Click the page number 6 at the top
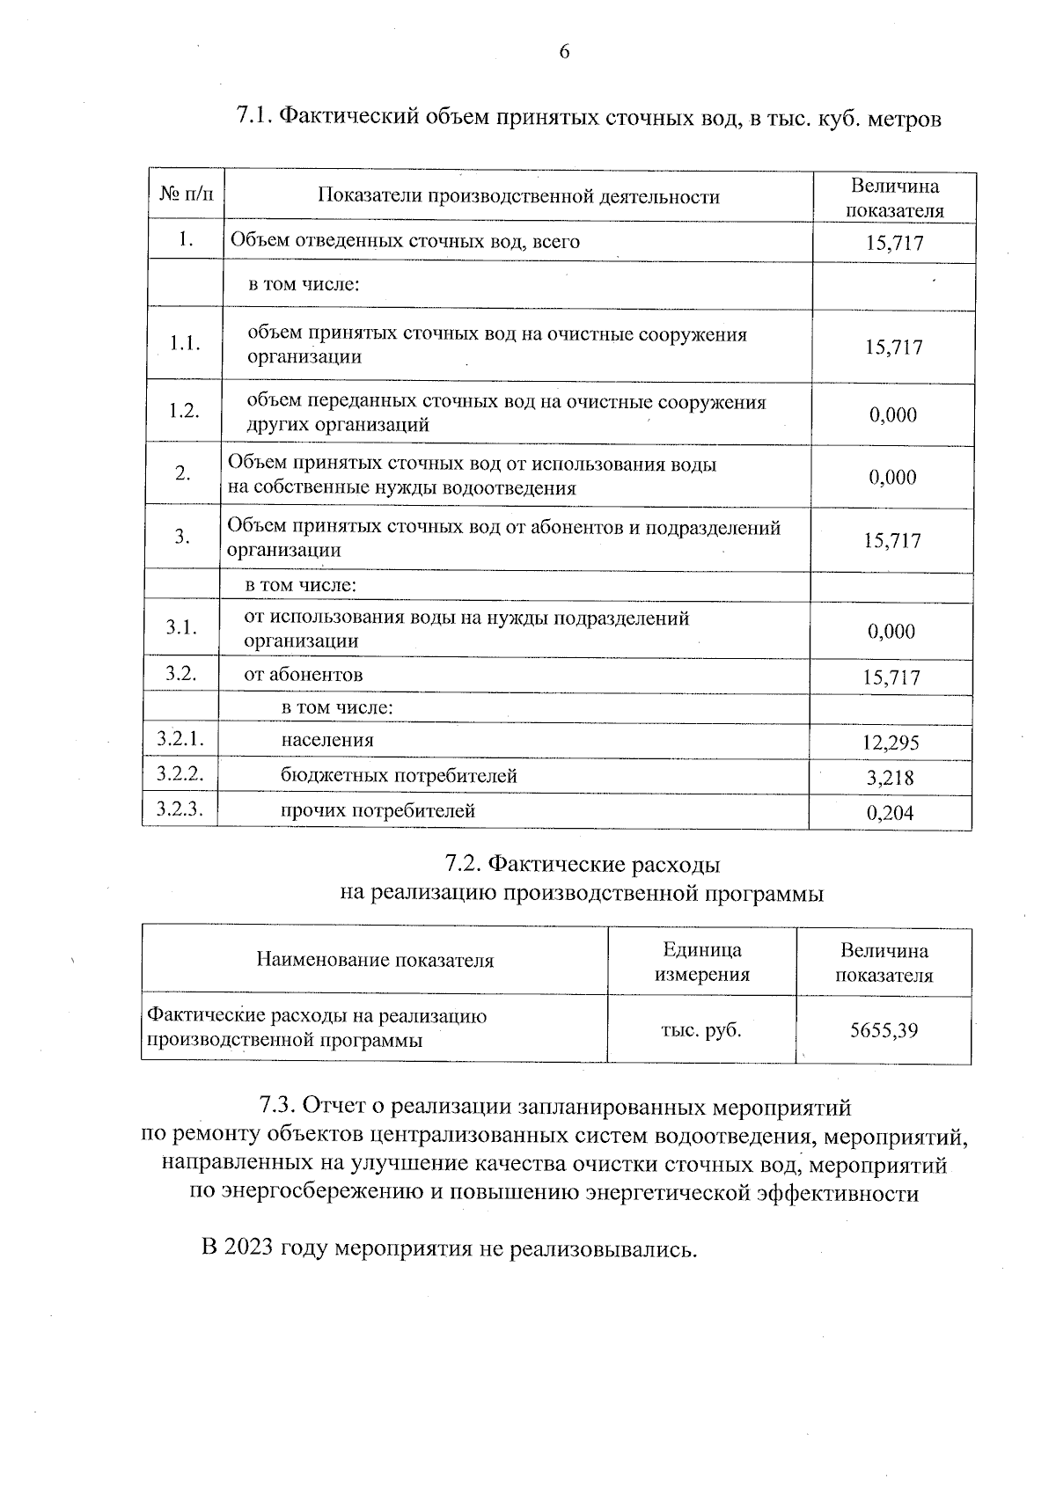point(564,52)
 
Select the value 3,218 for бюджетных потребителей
point(891,778)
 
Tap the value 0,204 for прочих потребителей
point(891,813)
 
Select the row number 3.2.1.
point(180,740)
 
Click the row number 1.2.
point(184,411)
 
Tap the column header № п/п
point(186,195)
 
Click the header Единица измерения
point(701,962)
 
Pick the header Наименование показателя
point(375,960)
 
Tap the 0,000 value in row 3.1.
point(891,631)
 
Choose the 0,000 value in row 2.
point(892,478)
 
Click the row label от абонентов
point(303,675)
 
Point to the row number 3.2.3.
point(180,809)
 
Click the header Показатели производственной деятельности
point(518,196)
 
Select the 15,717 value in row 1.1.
point(893,348)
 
